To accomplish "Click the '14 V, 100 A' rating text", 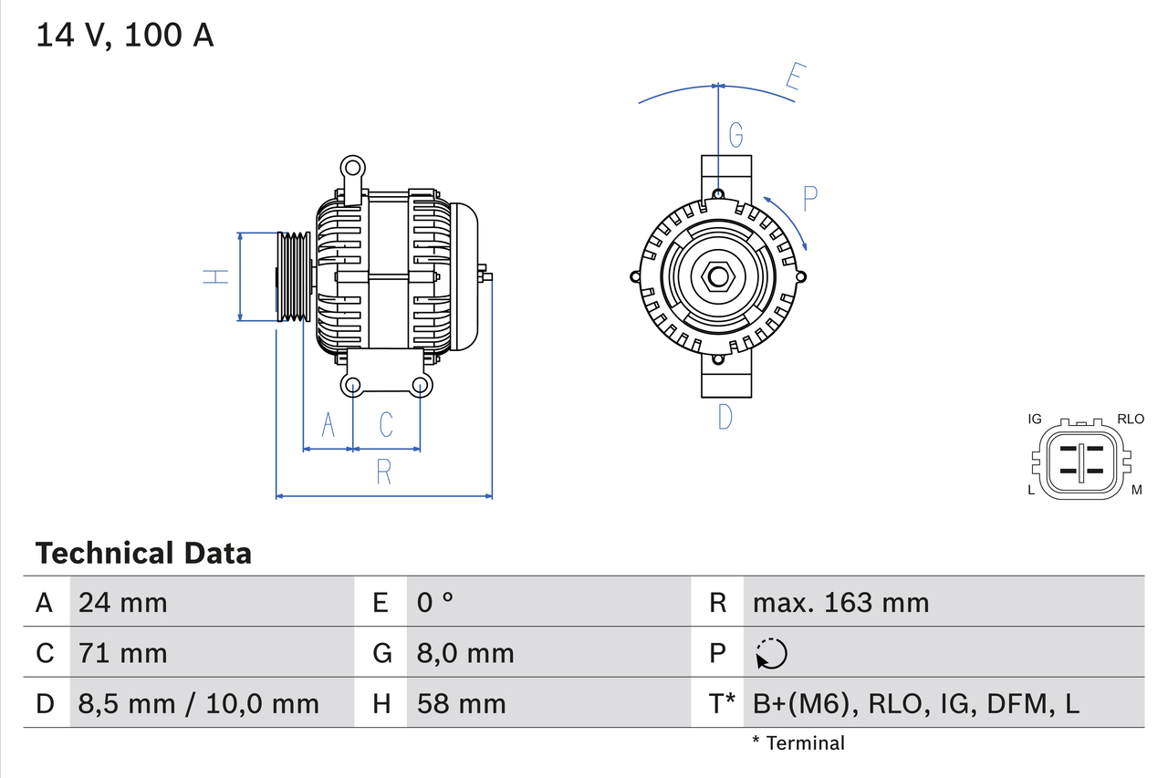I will [x=125, y=36].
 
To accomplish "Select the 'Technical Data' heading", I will [x=143, y=553].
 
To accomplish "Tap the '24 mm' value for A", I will [x=123, y=602].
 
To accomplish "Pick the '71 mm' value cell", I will [x=123, y=653].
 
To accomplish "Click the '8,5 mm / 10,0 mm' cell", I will [x=199, y=703].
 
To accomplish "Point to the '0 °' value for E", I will [x=435, y=602].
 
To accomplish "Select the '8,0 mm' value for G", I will [x=465, y=653].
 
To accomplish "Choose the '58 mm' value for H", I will [x=461, y=703].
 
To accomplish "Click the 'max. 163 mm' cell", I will [x=840, y=602].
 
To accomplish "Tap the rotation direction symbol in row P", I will [x=771, y=653].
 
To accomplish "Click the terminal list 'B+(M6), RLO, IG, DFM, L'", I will [x=916, y=703].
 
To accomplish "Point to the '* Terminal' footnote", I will [x=798, y=743].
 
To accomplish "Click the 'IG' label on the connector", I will [x=1035, y=420].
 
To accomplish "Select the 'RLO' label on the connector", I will [x=1131, y=420].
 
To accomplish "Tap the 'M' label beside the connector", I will [x=1137, y=491].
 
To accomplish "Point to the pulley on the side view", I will [x=294, y=276].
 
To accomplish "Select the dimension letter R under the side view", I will [x=384, y=472].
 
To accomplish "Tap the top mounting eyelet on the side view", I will [x=352, y=167].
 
